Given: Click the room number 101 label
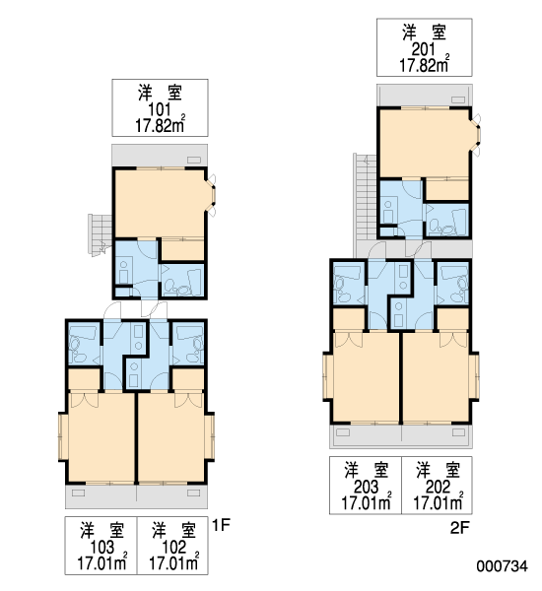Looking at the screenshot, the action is click(160, 109).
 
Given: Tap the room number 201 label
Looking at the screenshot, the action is click(424, 49).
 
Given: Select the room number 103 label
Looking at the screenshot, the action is click(102, 547).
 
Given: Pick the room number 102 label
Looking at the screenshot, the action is click(173, 547).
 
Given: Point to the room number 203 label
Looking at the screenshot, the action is click(367, 487).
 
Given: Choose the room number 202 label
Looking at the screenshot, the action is click(438, 487).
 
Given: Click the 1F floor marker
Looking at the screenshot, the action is click(221, 525).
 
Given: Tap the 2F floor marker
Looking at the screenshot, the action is click(460, 528).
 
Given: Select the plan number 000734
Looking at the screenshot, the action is click(502, 565).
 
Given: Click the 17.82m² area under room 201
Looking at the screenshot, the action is click(425, 65).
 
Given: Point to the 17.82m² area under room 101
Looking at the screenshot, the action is click(161, 125).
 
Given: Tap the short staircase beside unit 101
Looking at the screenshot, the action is click(101, 234).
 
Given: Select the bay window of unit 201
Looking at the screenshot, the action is click(476, 135).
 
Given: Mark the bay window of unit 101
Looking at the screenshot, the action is click(211, 195).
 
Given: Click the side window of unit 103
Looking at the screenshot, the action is click(63, 436).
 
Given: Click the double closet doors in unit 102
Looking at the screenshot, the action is click(187, 400).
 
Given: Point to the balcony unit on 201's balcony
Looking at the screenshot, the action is click(458, 99).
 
